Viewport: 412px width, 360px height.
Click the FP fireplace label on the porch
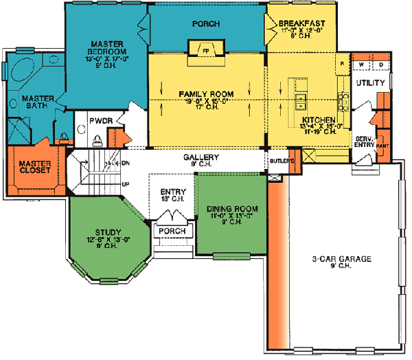[205, 49]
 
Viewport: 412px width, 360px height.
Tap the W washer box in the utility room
[361, 65]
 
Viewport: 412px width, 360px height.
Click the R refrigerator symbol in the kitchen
[342, 64]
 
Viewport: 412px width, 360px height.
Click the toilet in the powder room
[98, 140]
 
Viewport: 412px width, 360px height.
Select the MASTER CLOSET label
[34, 167]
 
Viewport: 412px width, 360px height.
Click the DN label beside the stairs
[124, 163]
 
